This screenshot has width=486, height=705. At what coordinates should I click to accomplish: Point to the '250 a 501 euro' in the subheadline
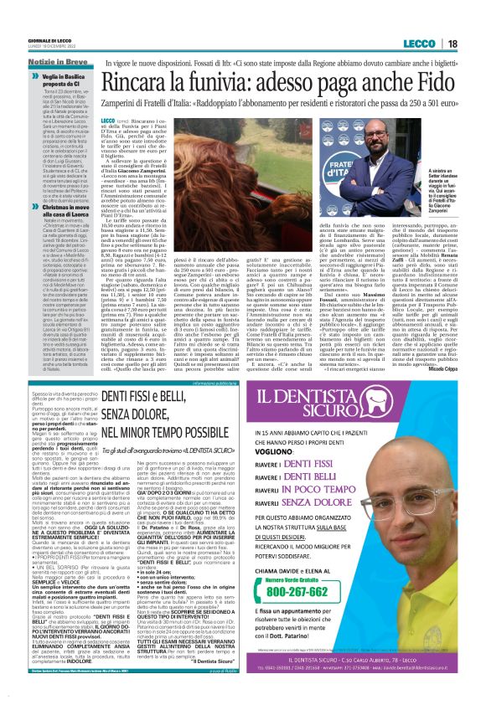pos(417,110)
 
